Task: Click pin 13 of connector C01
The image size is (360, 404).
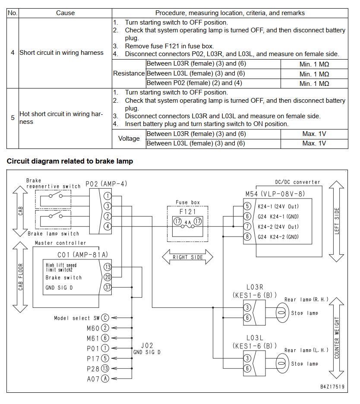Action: coord(107,267)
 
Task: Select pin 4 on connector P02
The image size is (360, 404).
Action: coord(107,227)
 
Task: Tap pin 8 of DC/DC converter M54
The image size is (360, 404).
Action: coord(247,237)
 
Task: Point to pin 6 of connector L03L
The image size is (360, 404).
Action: coord(247,368)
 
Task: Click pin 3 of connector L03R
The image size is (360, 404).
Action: coord(247,307)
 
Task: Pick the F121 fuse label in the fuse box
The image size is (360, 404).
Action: coord(188,212)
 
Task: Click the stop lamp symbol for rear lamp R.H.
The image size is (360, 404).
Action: coord(282,313)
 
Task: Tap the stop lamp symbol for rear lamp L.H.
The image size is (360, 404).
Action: coord(282,363)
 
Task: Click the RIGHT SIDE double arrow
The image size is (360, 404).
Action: coord(188,257)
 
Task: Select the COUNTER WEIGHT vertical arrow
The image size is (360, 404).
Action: coord(337,338)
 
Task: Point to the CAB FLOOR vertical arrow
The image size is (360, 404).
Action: coord(20,277)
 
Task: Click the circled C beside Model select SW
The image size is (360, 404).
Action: coord(105,318)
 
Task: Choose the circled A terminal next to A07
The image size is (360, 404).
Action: coord(105,379)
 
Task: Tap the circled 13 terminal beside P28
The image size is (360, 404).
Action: coord(105,369)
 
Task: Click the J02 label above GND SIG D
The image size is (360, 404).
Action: coord(147,345)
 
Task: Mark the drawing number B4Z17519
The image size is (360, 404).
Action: coord(332,386)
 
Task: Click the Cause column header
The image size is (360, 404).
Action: coord(66,13)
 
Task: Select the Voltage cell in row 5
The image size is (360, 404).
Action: coord(129,139)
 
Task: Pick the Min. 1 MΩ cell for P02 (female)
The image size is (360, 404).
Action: coord(314,83)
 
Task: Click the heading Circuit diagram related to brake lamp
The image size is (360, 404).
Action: coord(70,161)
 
